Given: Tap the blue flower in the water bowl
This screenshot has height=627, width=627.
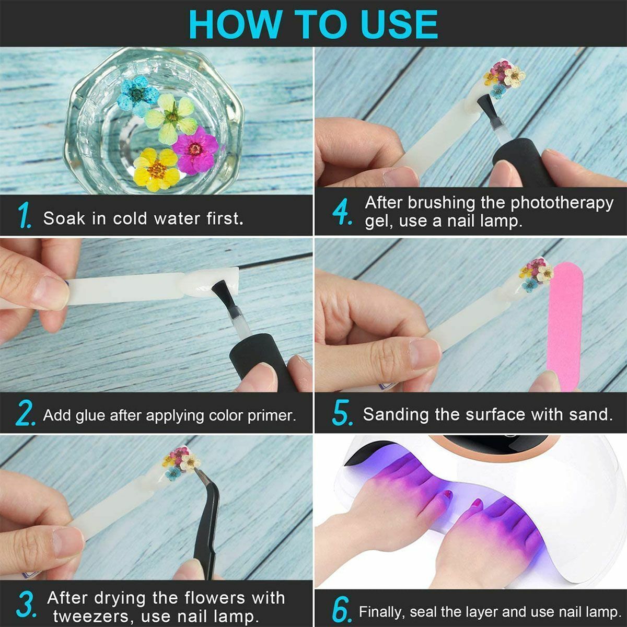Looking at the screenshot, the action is (137, 95).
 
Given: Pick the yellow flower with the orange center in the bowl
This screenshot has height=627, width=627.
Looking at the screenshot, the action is (156, 169).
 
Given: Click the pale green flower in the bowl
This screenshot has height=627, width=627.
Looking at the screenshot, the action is (171, 118).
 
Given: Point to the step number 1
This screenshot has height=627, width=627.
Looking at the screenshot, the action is (25, 215).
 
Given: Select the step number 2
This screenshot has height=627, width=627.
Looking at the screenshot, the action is (25, 413).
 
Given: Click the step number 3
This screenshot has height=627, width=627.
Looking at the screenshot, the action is (26, 604).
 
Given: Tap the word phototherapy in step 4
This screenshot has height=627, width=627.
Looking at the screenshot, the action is (562, 204).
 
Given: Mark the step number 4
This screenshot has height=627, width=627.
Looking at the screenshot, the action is (342, 212).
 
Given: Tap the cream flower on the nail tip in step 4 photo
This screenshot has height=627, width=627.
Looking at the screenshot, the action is (515, 77).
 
